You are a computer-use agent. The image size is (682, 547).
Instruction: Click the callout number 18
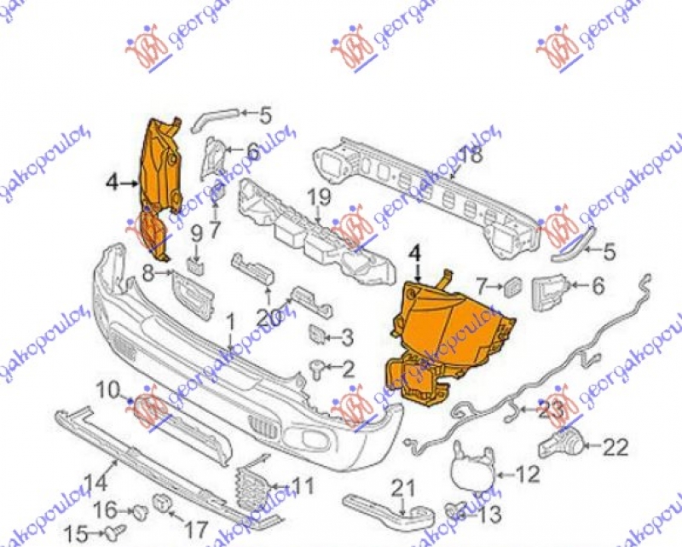coord(471,155)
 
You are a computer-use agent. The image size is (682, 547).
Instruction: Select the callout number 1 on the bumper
coord(229,323)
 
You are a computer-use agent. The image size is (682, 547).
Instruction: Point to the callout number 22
coord(615,445)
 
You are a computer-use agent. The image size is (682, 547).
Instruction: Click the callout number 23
coord(552,410)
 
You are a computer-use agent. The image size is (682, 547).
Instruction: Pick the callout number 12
coord(529,471)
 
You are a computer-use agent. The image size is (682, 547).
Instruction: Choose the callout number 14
coord(95,481)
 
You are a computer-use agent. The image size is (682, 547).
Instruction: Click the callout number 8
coord(147,274)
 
